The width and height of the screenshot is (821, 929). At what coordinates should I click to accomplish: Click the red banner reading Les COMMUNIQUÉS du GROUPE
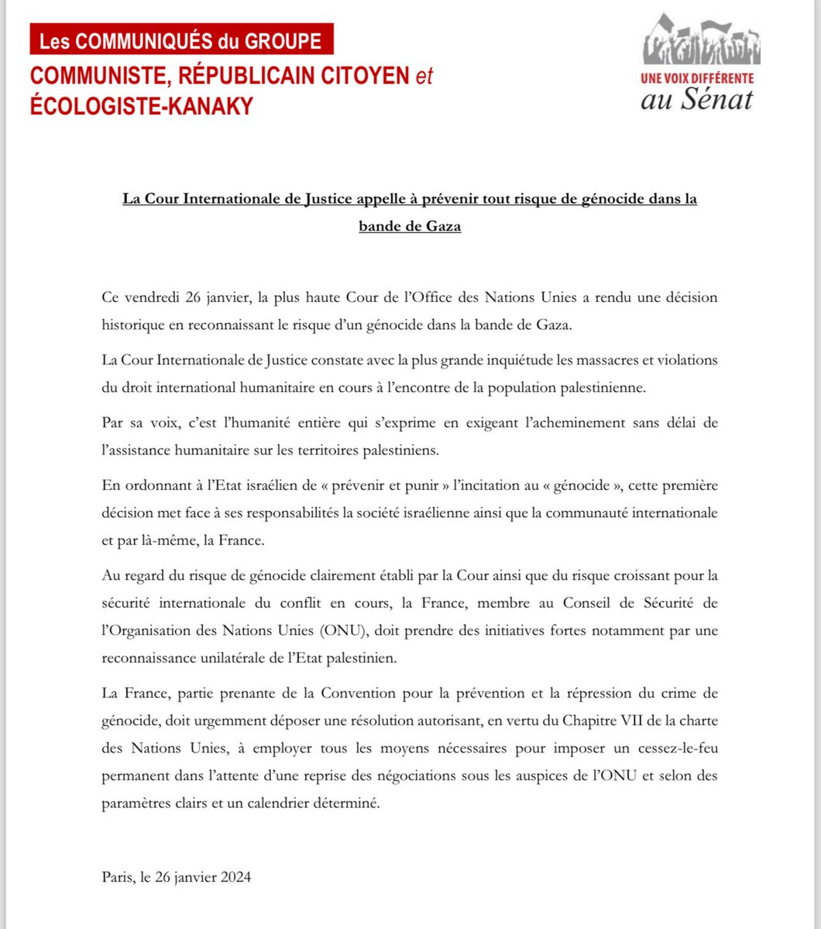[180, 40]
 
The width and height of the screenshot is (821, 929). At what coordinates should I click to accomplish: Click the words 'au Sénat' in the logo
[697, 99]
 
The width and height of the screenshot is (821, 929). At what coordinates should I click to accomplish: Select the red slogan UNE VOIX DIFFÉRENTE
[697, 78]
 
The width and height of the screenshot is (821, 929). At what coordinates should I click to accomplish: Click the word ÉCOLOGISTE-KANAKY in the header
[142, 106]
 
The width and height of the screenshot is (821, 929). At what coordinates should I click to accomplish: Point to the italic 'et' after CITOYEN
[424, 77]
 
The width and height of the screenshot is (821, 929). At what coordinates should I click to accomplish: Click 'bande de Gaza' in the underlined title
[410, 228]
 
